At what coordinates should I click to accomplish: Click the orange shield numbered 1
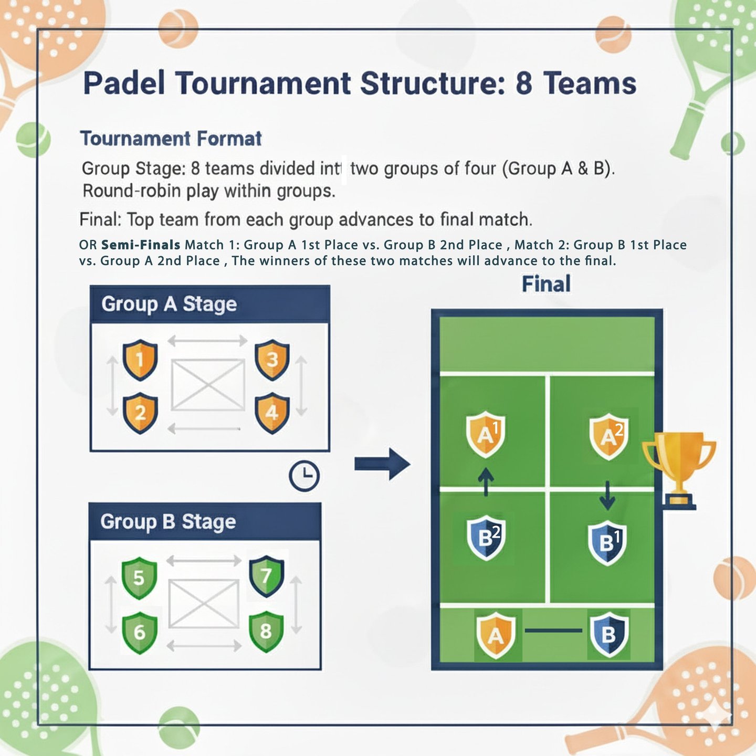click(x=140, y=360)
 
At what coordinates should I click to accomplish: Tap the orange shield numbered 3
click(x=272, y=360)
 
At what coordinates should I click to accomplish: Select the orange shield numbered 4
click(x=272, y=413)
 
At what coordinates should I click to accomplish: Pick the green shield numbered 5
click(x=139, y=578)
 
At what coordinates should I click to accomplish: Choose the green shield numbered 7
click(x=267, y=576)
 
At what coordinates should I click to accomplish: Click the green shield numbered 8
click(x=266, y=631)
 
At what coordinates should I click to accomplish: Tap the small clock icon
click(x=304, y=476)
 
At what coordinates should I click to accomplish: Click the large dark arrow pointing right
click(x=382, y=464)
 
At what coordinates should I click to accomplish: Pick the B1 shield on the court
click(x=607, y=542)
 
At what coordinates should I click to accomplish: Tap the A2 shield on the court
click(x=608, y=436)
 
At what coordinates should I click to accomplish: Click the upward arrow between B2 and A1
click(x=486, y=481)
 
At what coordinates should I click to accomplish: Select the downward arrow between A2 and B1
click(x=607, y=495)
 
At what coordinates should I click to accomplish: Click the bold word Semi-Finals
click(x=141, y=245)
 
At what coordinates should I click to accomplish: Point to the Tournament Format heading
click(x=171, y=139)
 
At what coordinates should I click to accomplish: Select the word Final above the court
click(x=546, y=284)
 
